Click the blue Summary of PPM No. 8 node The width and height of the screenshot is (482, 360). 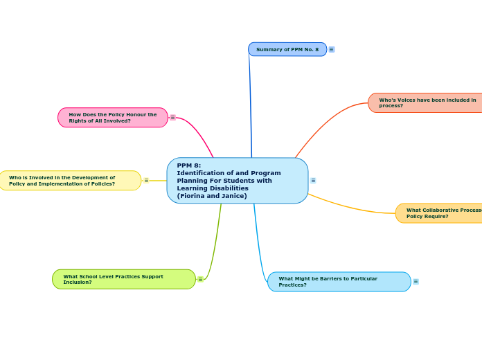[287, 49]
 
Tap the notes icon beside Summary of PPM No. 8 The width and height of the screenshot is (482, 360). [332, 49]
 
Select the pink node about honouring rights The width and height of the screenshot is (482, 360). [113, 118]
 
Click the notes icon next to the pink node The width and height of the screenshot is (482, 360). [172, 117]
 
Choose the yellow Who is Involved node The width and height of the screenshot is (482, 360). [69, 181]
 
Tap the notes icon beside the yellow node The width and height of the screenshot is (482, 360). [146, 180]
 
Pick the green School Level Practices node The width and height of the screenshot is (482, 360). [123, 279]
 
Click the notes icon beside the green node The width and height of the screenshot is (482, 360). [200, 279]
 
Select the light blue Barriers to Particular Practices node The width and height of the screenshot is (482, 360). [339, 282]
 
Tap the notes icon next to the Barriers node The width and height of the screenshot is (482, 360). [416, 281]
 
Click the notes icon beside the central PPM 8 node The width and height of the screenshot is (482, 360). [313, 180]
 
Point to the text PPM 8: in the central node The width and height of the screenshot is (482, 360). [189, 165]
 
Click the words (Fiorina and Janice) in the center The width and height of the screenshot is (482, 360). [212, 196]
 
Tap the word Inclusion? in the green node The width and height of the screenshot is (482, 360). [78, 282]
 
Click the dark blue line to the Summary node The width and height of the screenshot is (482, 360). [250, 104]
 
